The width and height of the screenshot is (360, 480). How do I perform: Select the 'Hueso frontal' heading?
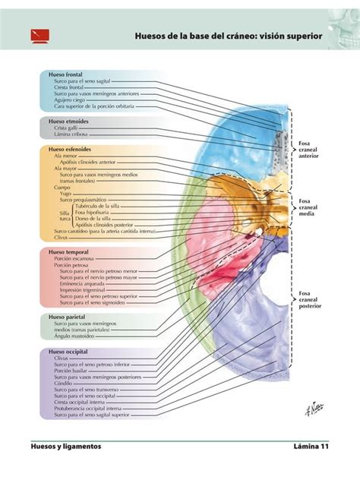(x=65, y=75)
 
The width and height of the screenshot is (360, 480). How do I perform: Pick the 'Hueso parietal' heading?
(x=67, y=316)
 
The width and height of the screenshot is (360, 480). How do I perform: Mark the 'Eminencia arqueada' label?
(x=85, y=283)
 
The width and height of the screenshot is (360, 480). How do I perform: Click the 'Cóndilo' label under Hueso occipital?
(x=65, y=383)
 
